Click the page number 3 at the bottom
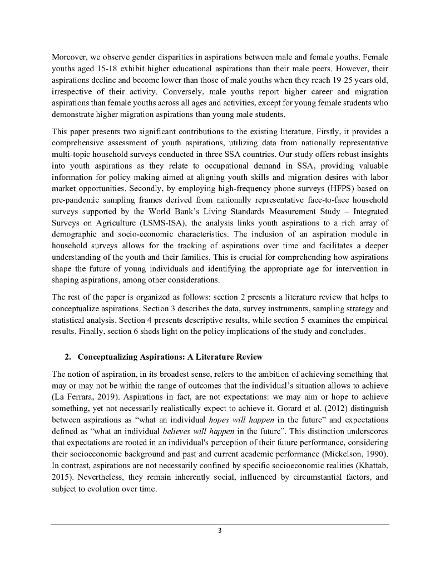pyautogui.click(x=220, y=530)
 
